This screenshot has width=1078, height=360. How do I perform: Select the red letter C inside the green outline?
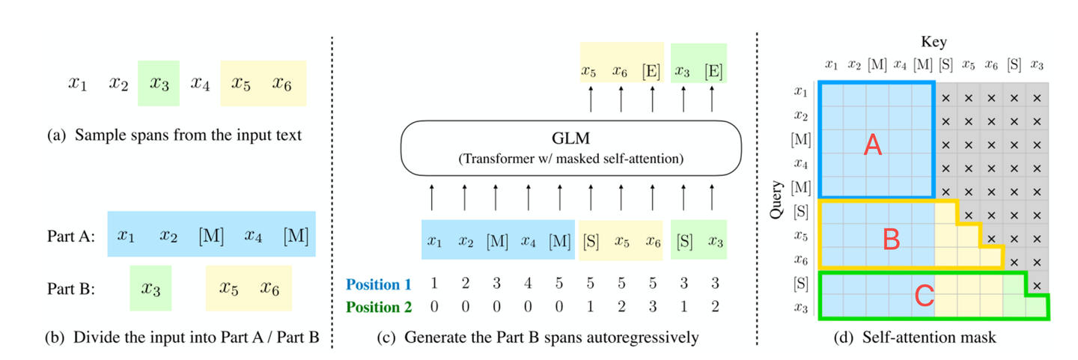tap(925, 296)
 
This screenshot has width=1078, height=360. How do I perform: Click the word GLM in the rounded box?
tap(570, 141)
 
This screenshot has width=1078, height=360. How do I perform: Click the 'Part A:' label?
tap(70, 236)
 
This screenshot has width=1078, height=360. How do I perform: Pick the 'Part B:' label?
tap(70, 289)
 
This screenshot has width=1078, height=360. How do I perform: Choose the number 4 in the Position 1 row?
tap(529, 284)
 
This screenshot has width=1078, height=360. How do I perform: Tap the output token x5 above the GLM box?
tap(590, 72)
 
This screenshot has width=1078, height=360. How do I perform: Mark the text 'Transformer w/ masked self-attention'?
tap(570, 159)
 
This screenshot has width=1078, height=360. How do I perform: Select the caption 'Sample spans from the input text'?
tap(187, 135)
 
